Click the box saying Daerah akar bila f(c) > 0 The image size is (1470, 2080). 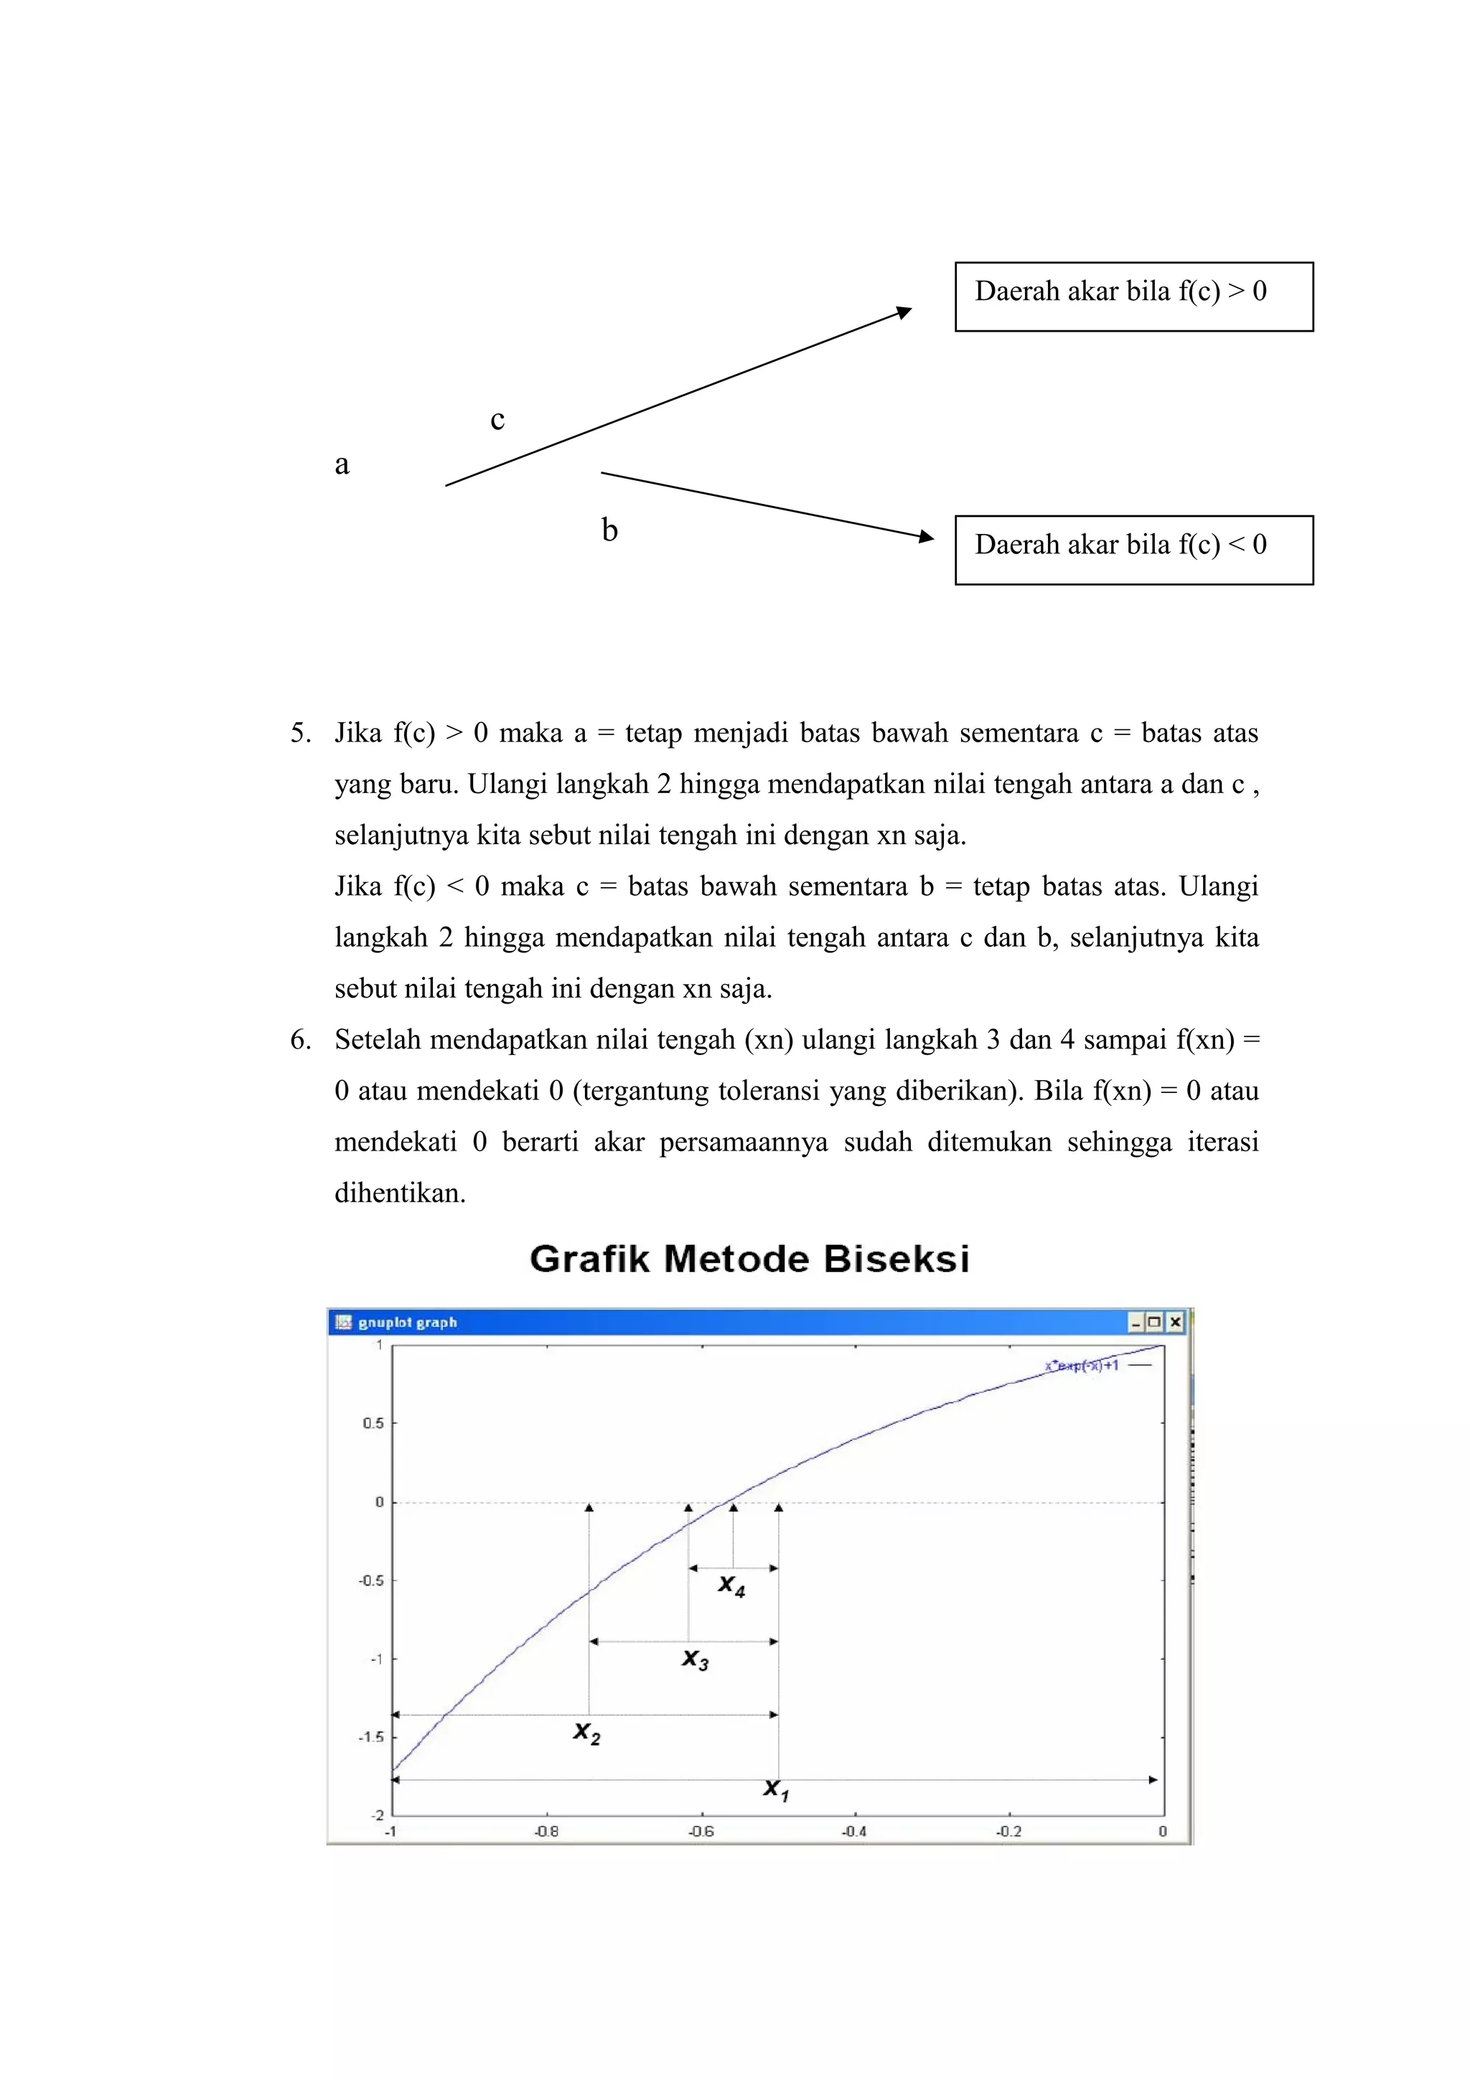1133,296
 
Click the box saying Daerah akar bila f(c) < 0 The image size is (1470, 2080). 1133,550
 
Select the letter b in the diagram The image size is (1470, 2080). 609,530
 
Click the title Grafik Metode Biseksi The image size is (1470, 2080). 749,1259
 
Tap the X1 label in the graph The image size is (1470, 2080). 775,1789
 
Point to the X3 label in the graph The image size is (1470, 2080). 695,1659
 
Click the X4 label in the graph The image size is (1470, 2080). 731,1585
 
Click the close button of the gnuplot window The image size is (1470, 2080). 1175,1322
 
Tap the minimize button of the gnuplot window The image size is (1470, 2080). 1136,1322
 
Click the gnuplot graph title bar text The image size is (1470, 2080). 408,1323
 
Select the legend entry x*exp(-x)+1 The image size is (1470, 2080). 1082,1365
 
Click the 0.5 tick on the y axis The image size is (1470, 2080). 373,1423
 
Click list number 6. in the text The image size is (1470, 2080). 301,1040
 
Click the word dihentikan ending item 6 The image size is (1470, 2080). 399,1193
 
